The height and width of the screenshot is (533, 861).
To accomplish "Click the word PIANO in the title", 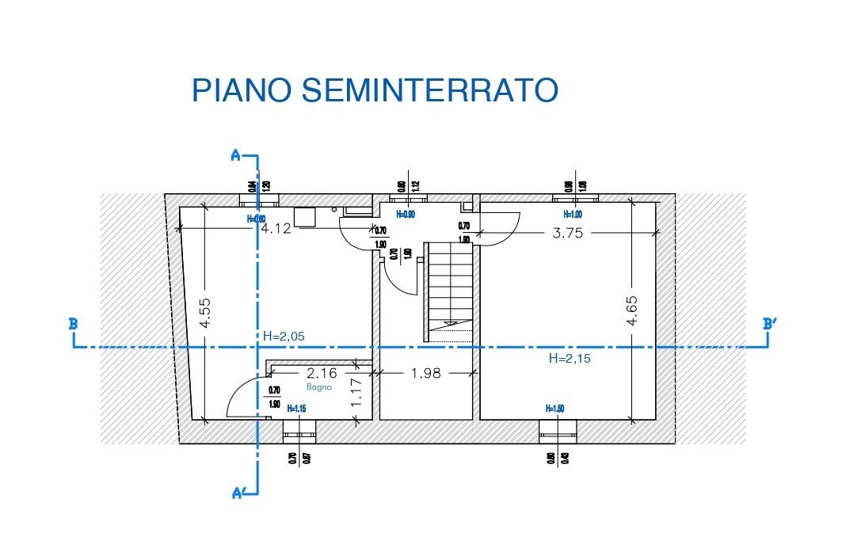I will [242, 90].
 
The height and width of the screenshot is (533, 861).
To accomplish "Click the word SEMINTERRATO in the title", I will [430, 90].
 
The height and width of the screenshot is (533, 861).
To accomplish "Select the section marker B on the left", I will [73, 323].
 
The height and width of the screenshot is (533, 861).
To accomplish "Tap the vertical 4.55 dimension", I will [204, 313].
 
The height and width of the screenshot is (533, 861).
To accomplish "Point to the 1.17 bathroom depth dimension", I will [356, 392].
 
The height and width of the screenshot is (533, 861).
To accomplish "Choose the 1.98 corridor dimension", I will [425, 372].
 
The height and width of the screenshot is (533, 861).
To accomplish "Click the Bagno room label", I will [320, 387].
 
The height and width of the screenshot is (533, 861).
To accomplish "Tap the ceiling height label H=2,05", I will [283, 337].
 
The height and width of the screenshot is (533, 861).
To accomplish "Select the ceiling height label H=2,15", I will [570, 358].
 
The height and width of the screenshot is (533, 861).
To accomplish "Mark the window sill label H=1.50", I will [556, 408].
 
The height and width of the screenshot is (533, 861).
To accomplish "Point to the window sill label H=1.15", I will [297, 409].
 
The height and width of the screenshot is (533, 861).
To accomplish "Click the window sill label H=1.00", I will [572, 214].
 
